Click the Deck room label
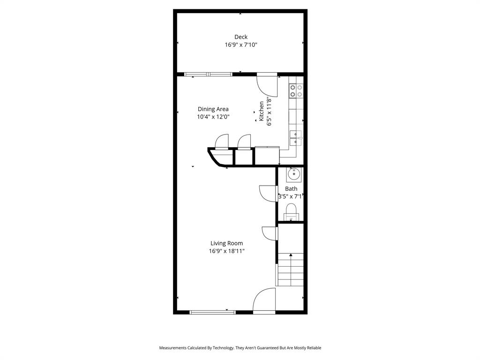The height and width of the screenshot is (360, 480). [241, 37]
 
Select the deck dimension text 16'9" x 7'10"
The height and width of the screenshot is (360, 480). [241, 45]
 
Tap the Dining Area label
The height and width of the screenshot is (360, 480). [213, 109]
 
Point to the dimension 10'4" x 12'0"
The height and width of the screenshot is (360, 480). [213, 117]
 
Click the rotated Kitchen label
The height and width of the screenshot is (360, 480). [262, 112]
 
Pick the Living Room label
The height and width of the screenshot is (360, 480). [226, 243]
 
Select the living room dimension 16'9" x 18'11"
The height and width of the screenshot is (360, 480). [226, 251]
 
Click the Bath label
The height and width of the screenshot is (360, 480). [291, 189]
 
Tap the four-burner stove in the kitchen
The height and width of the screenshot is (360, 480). [296, 90]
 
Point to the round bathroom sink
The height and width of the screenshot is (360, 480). [293, 174]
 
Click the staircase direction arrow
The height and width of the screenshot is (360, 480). [291, 255]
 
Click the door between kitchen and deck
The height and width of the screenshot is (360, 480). [267, 84]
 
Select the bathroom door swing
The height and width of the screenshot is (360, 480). [268, 193]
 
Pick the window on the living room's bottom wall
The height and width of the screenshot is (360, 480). [212, 312]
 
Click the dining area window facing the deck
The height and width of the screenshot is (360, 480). [208, 74]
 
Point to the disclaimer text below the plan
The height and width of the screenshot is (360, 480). [240, 348]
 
